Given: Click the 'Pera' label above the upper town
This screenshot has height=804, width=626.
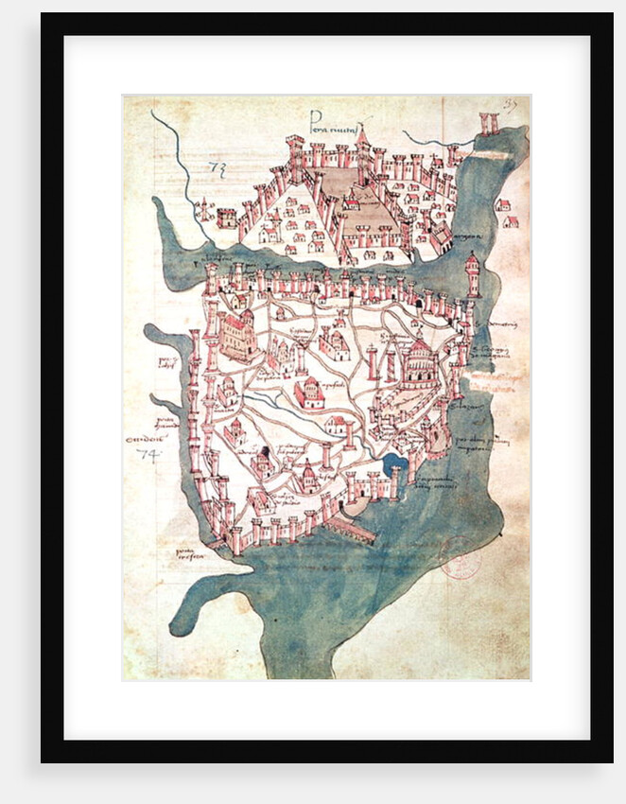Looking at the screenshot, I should pyautogui.click(x=329, y=116).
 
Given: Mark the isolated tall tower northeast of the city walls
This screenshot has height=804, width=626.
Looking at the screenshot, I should pyautogui.click(x=472, y=275).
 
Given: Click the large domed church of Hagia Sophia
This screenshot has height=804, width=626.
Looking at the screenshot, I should pyautogui.click(x=416, y=363).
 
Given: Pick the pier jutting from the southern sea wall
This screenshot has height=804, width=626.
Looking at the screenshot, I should pyautogui.click(x=352, y=531).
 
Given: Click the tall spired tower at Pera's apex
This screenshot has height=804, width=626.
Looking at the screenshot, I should pyautogui.click(x=361, y=151).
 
